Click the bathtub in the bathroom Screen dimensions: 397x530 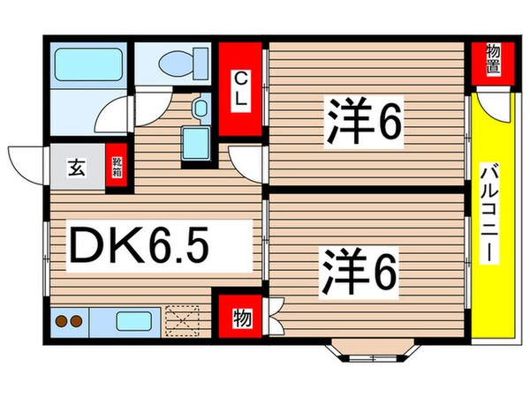[87, 64]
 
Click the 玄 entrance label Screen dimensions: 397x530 [77, 165]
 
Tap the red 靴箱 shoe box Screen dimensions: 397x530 [117, 167]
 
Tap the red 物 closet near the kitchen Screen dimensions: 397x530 [238, 315]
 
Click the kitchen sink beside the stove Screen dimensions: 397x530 [136, 320]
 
